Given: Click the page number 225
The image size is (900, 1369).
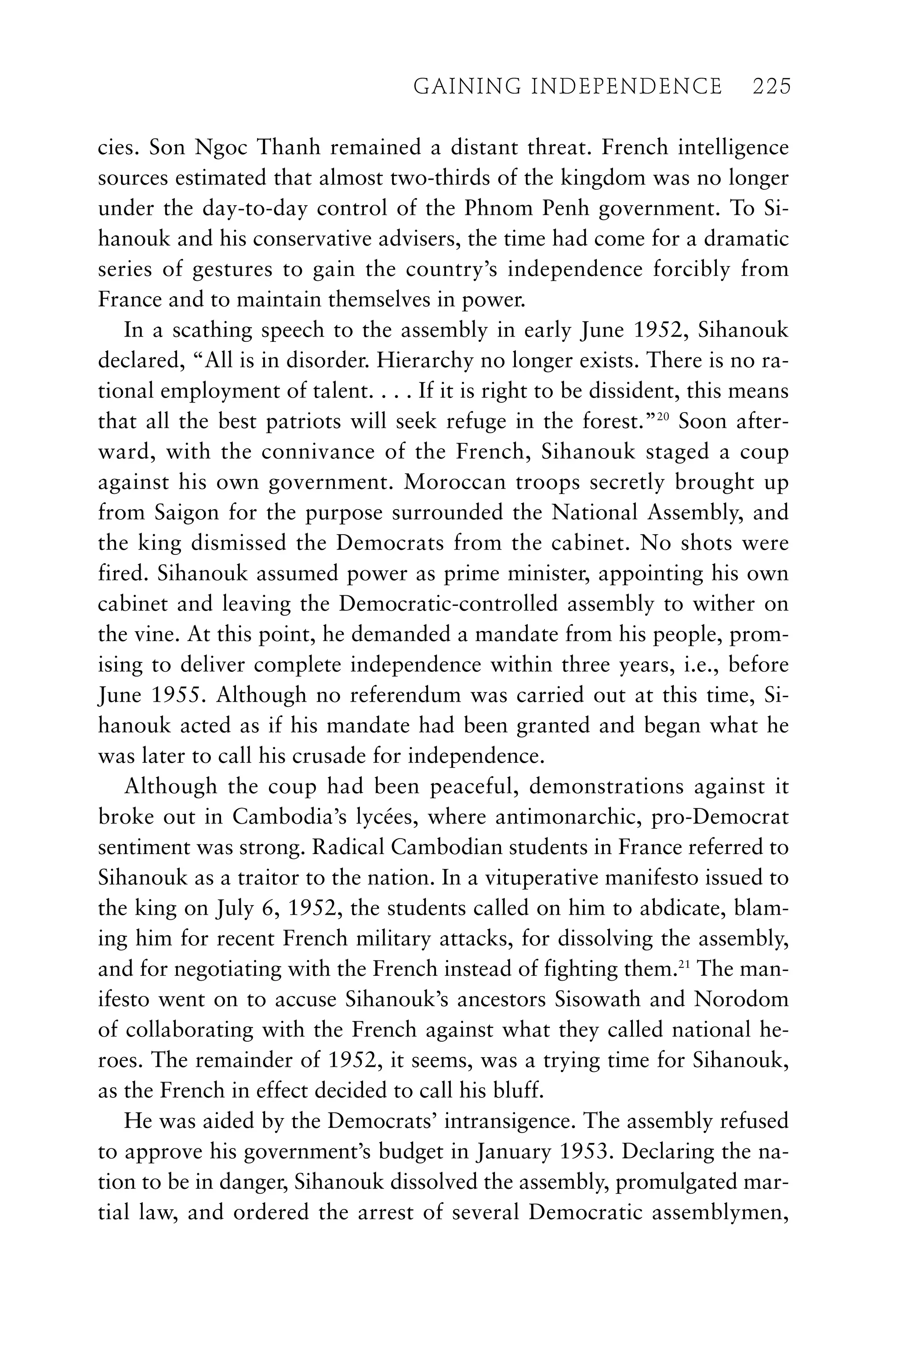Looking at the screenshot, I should pyautogui.click(x=772, y=87).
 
